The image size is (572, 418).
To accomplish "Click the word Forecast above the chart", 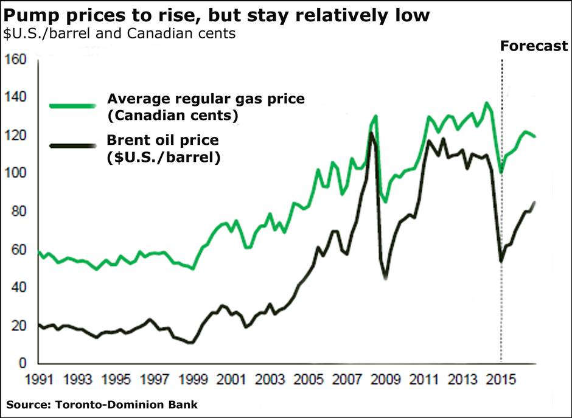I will coord(534,46).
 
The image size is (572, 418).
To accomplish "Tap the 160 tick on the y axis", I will coord(16,60).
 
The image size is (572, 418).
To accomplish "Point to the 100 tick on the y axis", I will coord(16,173).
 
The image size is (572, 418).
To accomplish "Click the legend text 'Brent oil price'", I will coord(162,141).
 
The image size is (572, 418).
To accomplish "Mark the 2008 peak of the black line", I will coord(371,133).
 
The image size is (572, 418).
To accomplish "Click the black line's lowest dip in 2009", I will coord(386,277).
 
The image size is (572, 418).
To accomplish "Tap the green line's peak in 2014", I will coord(486,103).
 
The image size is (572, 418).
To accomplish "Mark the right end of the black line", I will coord(534,202).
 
